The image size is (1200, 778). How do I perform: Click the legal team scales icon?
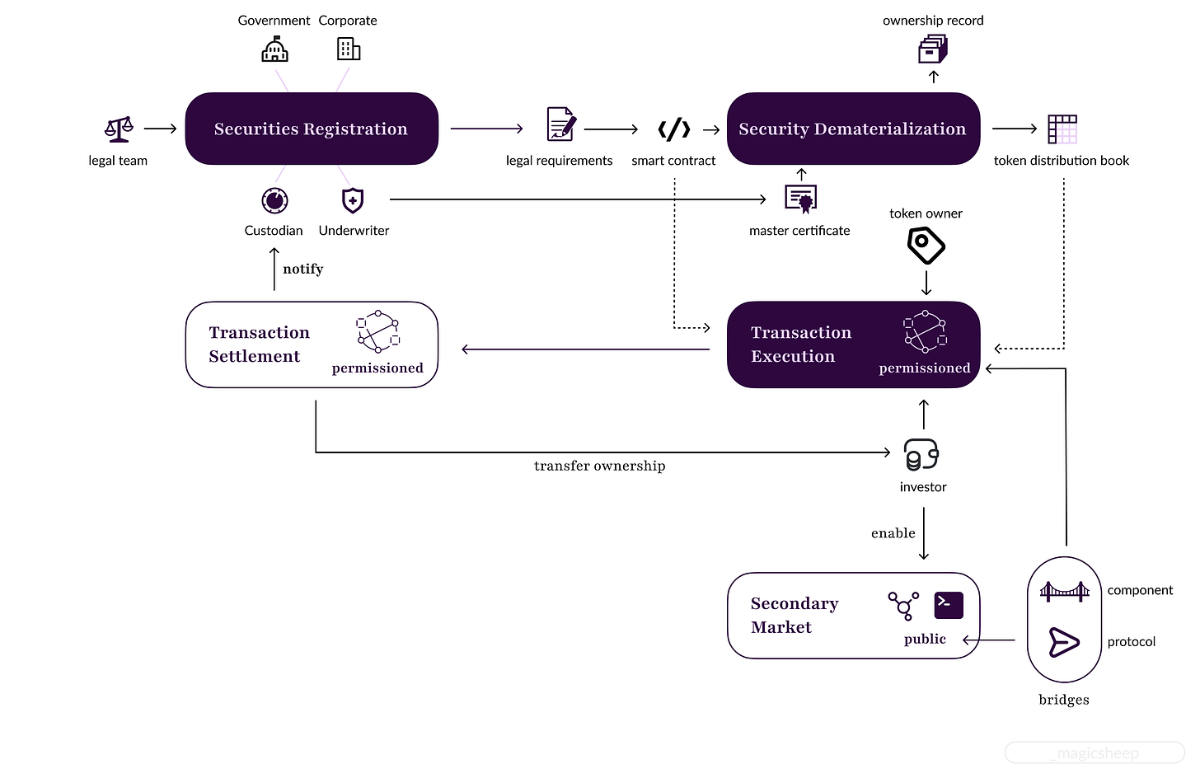pyautogui.click(x=119, y=129)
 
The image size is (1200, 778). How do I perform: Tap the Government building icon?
pyautogui.click(x=274, y=49)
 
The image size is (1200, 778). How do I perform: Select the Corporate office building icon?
pyautogui.click(x=349, y=49)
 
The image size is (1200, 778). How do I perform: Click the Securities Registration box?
pyautogui.click(x=312, y=129)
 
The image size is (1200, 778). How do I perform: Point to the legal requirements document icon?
pyautogui.click(x=561, y=124)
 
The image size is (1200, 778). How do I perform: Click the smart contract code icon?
pyautogui.click(x=674, y=129)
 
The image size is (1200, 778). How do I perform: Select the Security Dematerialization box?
pyautogui.click(x=853, y=129)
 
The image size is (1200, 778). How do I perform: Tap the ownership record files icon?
pyautogui.click(x=933, y=49)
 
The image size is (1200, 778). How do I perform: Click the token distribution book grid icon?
pyautogui.click(x=1062, y=129)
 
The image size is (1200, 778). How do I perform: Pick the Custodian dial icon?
pyautogui.click(x=274, y=201)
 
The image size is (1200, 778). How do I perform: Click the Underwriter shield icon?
pyautogui.click(x=353, y=201)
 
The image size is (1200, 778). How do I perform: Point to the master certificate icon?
pyautogui.click(x=801, y=199)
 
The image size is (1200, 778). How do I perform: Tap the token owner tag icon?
pyautogui.click(x=926, y=246)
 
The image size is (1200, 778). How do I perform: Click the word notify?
pyautogui.click(x=303, y=269)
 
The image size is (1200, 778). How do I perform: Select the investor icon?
pyautogui.click(x=921, y=455)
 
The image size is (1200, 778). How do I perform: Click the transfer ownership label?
pyautogui.click(x=599, y=466)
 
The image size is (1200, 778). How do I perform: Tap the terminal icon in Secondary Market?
pyautogui.click(x=948, y=605)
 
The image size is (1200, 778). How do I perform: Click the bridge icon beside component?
pyautogui.click(x=1065, y=591)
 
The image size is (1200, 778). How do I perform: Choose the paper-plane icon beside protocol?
pyautogui.click(x=1064, y=642)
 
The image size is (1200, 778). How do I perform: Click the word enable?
pyautogui.click(x=893, y=533)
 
